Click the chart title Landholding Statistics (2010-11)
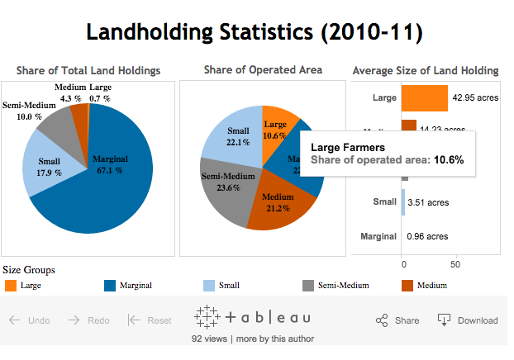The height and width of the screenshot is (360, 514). (x=255, y=32)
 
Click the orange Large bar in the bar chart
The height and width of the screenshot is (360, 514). (x=424, y=98)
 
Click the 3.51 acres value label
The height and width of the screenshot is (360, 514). (x=427, y=201)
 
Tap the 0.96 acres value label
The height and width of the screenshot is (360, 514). (x=427, y=236)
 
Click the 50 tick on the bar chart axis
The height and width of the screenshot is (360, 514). (x=455, y=265)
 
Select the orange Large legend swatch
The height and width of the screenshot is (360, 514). (x=11, y=286)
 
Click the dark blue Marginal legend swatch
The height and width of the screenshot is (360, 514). (x=110, y=286)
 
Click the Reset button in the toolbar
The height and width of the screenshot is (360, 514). (x=150, y=320)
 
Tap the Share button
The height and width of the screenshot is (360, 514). (x=397, y=320)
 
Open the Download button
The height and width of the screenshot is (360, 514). (x=468, y=320)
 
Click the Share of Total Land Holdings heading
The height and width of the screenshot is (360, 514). (x=88, y=70)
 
